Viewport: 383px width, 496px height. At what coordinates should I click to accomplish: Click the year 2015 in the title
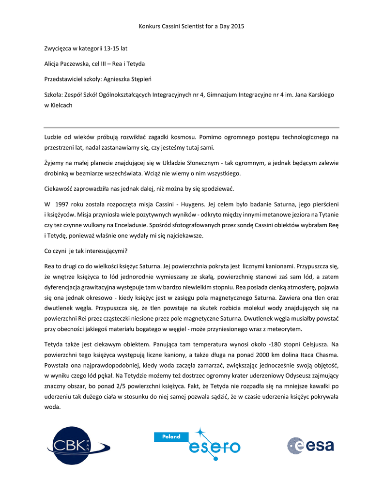(237, 26)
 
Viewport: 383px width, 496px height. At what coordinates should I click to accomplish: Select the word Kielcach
(61, 105)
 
